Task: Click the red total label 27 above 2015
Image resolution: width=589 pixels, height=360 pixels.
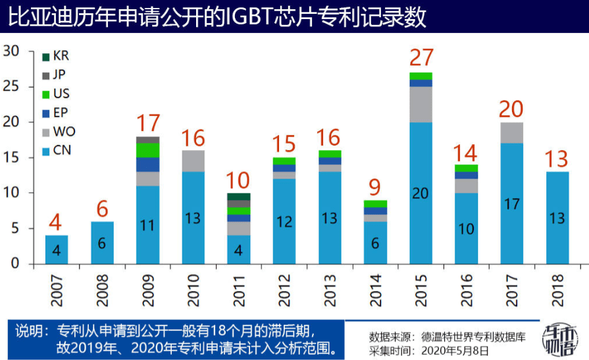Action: (x=421, y=57)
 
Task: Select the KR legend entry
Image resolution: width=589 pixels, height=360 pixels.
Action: (x=55, y=56)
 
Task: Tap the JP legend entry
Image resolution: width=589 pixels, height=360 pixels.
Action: (x=54, y=75)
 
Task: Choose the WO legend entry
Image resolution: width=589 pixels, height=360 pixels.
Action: (x=59, y=132)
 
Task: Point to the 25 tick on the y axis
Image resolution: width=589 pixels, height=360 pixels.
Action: (x=11, y=86)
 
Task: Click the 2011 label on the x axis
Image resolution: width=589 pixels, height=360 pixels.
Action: (x=239, y=290)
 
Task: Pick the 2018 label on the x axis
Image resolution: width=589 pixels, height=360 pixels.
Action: (x=558, y=290)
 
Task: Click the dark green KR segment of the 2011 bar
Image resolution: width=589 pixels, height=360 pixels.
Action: (x=239, y=197)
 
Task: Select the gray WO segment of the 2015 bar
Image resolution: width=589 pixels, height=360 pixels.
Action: (x=421, y=105)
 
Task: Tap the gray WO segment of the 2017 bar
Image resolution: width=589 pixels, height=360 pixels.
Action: (x=512, y=133)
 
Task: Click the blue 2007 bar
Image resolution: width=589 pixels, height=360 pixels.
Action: (x=57, y=249)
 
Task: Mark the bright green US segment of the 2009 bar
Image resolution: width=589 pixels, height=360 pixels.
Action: (x=148, y=150)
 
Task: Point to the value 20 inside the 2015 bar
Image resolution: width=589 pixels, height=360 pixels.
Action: (x=421, y=193)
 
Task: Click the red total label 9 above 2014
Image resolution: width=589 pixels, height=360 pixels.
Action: (x=374, y=187)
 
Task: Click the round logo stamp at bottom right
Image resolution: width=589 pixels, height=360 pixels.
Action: (x=559, y=340)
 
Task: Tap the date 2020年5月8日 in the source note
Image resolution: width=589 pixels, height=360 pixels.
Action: (x=455, y=351)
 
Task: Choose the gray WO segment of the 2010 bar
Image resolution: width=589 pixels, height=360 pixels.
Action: (x=193, y=161)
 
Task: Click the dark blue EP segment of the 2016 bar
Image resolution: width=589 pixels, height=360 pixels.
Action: (x=467, y=175)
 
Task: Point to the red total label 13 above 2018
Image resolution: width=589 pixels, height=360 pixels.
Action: (x=556, y=159)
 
